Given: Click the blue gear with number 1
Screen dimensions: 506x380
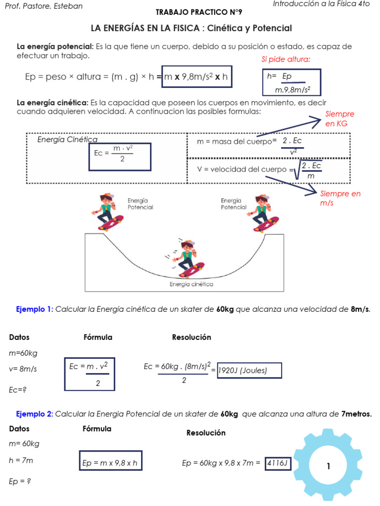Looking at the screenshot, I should coord(328,466).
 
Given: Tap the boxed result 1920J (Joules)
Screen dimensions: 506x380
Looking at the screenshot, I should coord(249,371).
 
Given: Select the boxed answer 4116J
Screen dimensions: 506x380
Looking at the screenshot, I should coord(278,463).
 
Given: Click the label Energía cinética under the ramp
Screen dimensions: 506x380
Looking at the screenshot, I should coord(191,284).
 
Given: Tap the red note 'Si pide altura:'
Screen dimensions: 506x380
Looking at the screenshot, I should coord(286,60).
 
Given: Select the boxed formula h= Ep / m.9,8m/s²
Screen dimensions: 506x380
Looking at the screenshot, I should coord(291,83).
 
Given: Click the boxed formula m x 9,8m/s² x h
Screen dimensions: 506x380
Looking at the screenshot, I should coord(197,77).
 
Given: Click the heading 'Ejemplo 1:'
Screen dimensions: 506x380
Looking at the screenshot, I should coord(34,309).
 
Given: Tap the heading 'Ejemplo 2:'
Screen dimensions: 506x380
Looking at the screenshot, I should coord(34,414).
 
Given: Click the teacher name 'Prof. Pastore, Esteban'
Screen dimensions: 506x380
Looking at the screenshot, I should coord(43,6).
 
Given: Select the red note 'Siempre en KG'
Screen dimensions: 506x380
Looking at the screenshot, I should coord(340,119).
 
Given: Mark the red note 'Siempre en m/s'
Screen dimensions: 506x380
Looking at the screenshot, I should coord(340,198).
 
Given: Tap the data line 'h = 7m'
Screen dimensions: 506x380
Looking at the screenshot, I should coord(21,461).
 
